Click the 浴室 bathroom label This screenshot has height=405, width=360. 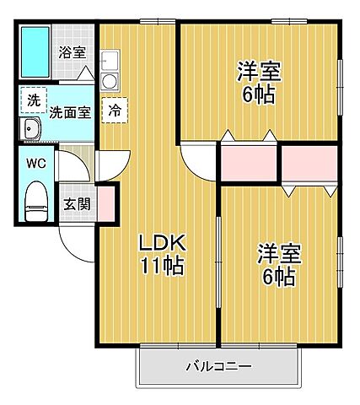coord(72,52)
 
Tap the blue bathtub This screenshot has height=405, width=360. coord(36,53)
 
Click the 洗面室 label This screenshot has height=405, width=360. coord(69,111)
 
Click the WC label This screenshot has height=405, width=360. coord(35,163)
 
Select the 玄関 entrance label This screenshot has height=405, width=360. coord(78,203)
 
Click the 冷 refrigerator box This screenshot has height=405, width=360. coord(113,110)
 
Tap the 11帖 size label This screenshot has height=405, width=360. coord(163,268)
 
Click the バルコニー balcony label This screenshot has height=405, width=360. coord(219,367)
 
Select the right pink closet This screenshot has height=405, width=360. coord(309,164)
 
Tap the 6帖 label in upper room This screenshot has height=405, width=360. coord(257,94)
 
